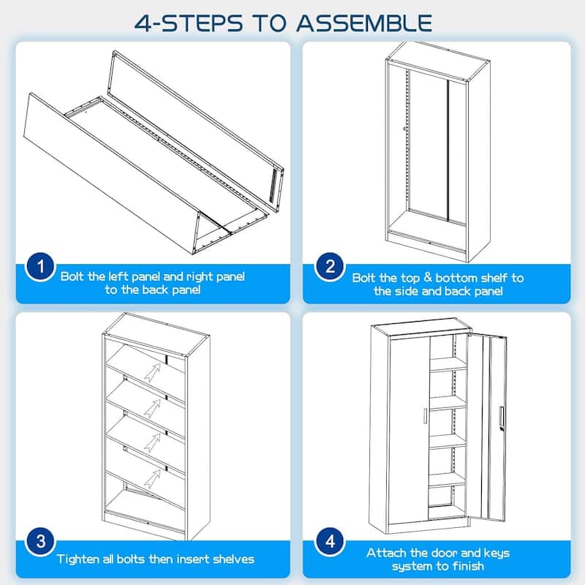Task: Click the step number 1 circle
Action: click(40, 267)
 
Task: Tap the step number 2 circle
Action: click(330, 267)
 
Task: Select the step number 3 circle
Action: click(40, 542)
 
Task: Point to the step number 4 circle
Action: click(330, 542)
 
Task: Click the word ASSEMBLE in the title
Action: click(364, 23)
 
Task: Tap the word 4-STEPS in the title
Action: click(189, 23)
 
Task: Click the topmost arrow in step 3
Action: click(152, 372)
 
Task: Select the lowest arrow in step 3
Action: click(152, 479)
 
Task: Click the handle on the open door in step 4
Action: click(502, 416)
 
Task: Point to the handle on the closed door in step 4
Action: click(426, 416)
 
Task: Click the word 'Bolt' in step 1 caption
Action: click(72, 276)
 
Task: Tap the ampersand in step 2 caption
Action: click(428, 277)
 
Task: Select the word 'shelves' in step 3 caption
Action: click(233, 559)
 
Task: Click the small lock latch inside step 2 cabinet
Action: click(404, 129)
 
